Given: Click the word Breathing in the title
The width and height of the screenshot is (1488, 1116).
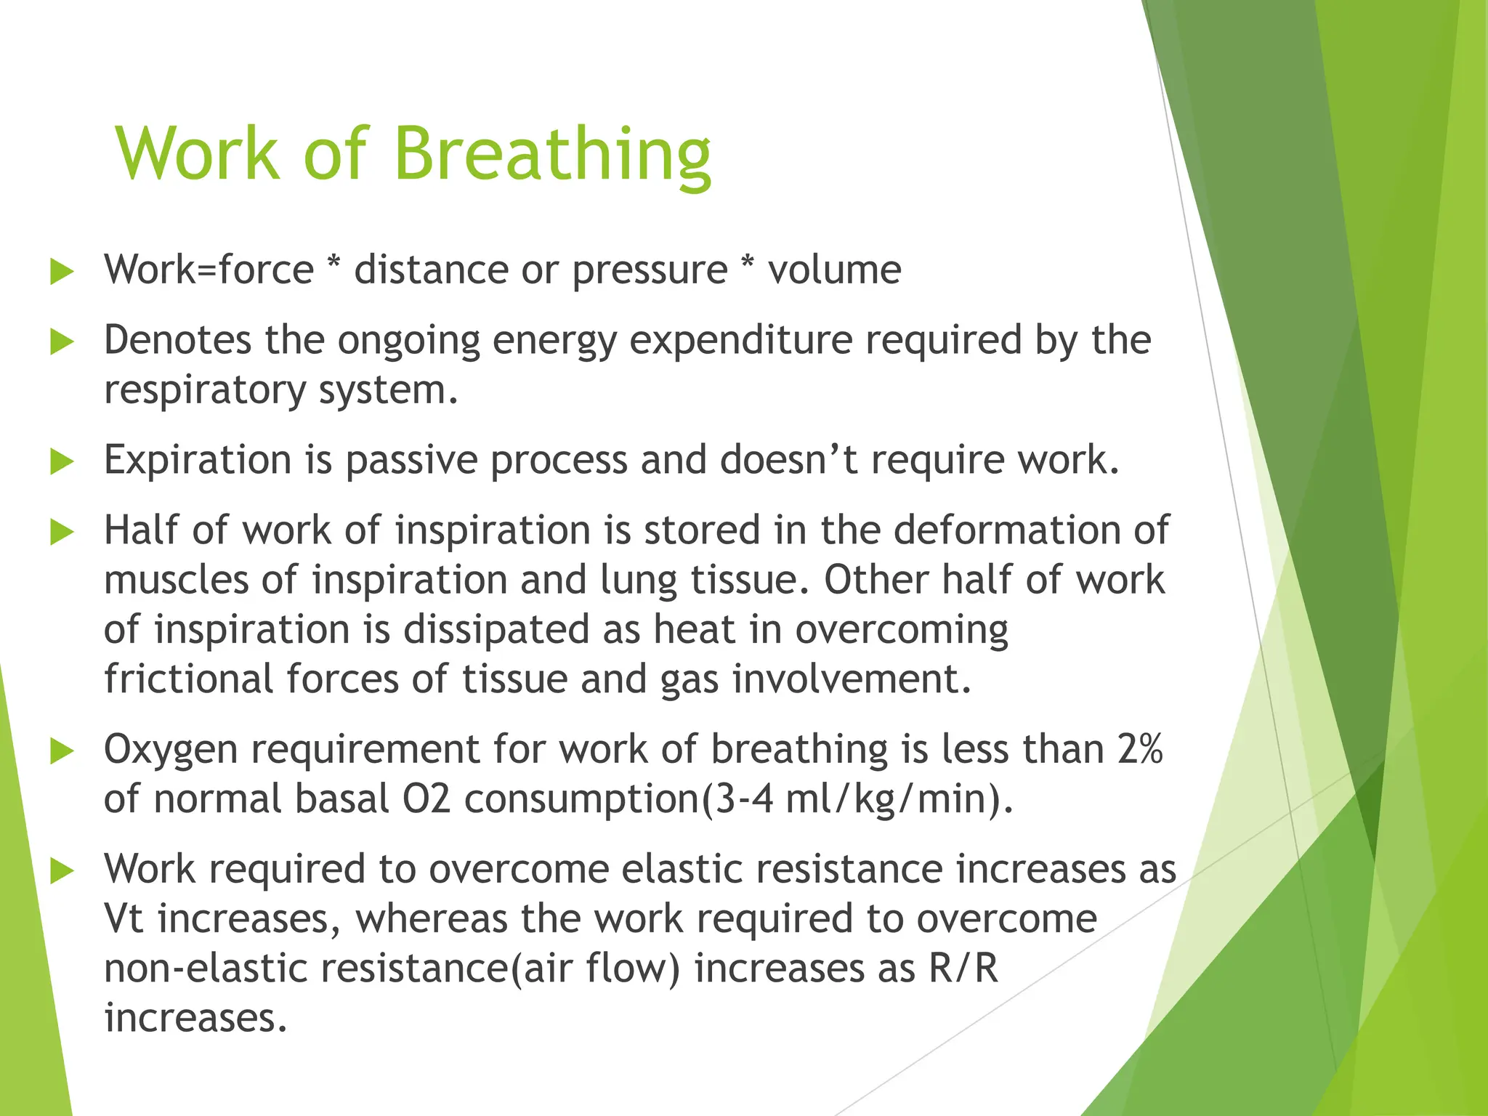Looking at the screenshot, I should [552, 155].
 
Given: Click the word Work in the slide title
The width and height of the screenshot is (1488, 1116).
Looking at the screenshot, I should [198, 155].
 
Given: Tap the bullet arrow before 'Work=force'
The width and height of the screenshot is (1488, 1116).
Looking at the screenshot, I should [62, 272].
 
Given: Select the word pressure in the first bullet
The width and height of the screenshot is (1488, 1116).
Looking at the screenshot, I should [650, 271].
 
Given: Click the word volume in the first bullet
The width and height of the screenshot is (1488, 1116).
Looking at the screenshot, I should [835, 270].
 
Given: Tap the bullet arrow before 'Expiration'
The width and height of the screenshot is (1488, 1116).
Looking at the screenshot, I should [62, 462].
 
